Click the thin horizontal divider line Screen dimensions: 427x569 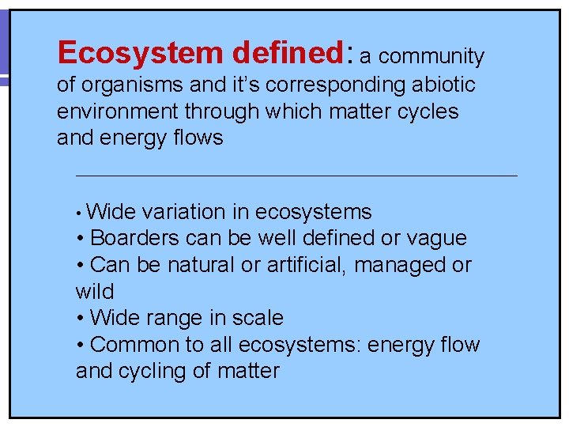click(x=296, y=175)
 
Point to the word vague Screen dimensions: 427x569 click(x=436, y=238)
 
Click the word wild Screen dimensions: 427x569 click(x=95, y=291)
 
